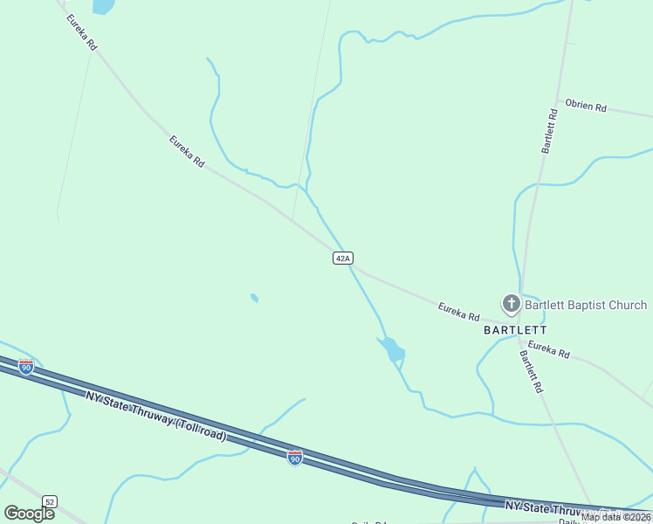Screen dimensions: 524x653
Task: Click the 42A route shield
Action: point(342,259)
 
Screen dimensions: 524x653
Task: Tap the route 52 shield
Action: point(50,501)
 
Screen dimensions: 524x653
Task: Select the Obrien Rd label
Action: point(585,106)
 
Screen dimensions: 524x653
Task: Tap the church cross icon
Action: point(511,304)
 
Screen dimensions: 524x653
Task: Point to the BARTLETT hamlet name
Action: point(515,330)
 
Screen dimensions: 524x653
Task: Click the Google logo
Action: point(30,513)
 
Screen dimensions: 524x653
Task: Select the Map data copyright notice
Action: point(616,517)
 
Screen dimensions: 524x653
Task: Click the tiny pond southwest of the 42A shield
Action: point(254,298)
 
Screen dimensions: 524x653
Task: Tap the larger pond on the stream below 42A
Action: point(392,349)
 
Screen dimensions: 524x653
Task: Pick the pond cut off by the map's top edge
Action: point(103,6)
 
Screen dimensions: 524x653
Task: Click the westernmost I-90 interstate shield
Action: point(26,367)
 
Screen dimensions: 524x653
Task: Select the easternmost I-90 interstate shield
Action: point(295,457)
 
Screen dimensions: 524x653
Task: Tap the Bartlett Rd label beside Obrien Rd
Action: point(549,131)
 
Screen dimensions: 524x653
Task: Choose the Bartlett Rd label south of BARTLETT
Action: point(532,371)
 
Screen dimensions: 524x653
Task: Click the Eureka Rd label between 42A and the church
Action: point(459,310)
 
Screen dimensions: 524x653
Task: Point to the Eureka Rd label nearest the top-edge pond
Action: point(79,32)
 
